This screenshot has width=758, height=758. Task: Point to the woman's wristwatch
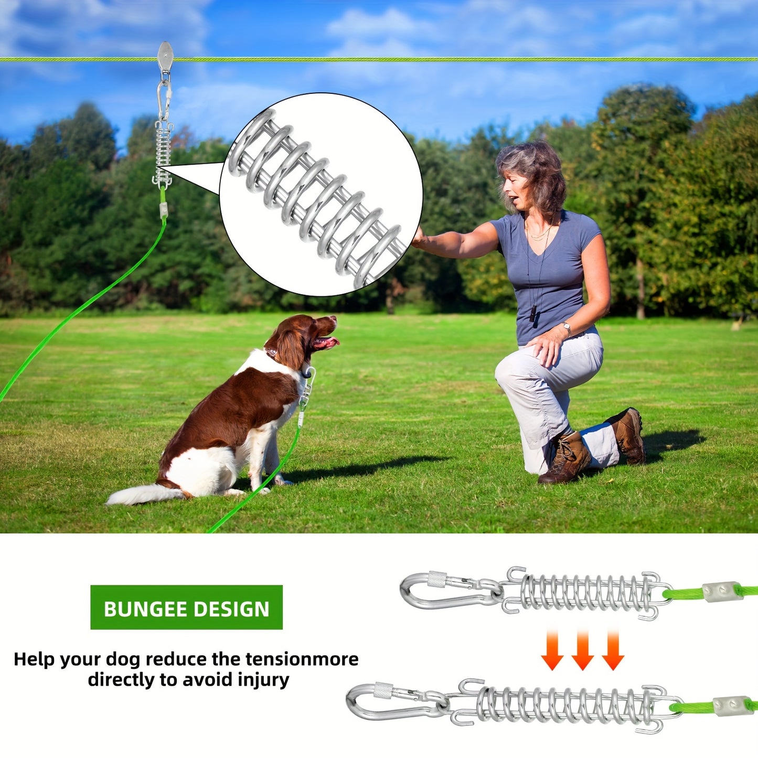pyautogui.click(x=567, y=329)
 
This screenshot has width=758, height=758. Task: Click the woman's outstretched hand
pyautogui.click(x=420, y=239)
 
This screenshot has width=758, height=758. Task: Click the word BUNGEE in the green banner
pyautogui.click(x=145, y=609)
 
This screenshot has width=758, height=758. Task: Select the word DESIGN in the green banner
pyautogui.click(x=231, y=609)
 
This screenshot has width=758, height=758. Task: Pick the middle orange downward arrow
pyautogui.click(x=582, y=650)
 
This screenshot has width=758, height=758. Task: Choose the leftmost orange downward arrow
pyautogui.click(x=552, y=650)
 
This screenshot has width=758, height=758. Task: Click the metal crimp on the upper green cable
pyautogui.click(x=722, y=592)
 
